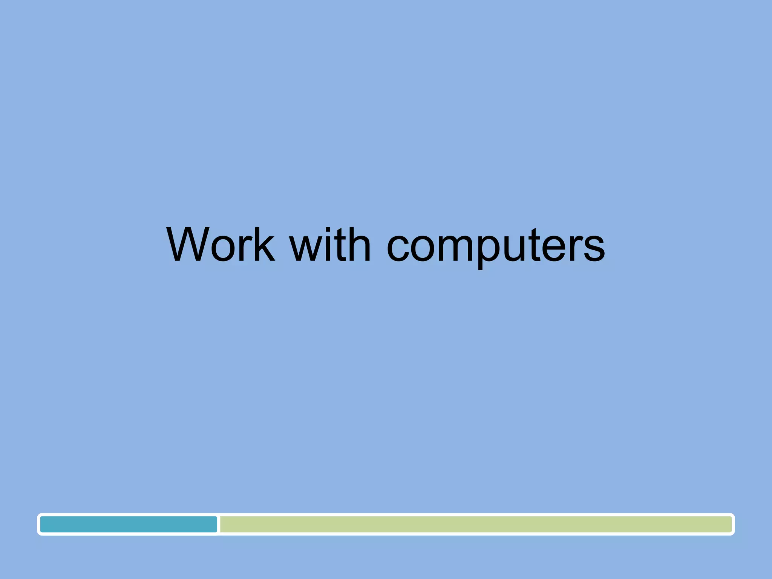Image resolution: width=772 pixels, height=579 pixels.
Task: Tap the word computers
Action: [496, 247]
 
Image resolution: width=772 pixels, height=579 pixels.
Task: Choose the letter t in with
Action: [339, 245]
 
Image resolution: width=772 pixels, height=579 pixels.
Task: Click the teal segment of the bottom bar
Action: [129, 524]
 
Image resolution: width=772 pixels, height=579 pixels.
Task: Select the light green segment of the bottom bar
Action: [475, 524]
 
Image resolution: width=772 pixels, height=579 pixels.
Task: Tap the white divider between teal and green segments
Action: [219, 524]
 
